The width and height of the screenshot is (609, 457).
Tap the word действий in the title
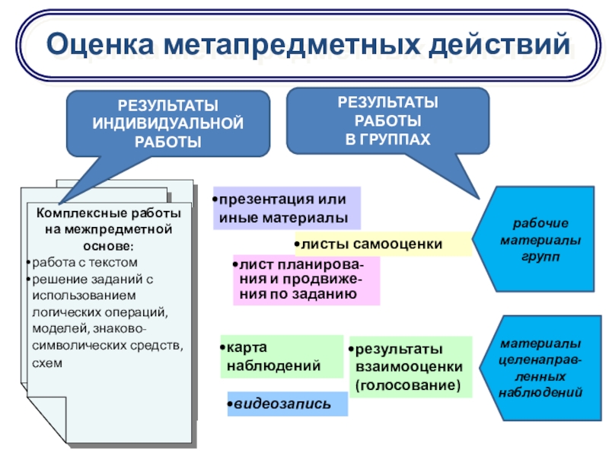pos(496,44)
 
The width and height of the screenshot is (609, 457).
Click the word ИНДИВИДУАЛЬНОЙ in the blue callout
pos(168,123)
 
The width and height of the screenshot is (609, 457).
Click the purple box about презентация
pos(286,209)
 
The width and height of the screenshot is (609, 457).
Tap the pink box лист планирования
pos(305,280)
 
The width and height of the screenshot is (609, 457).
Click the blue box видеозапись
pos(286,404)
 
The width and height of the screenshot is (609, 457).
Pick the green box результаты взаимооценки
pos(410,367)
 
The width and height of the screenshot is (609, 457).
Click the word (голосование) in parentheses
pos(408,386)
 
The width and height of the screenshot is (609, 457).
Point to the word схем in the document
pos(46,363)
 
